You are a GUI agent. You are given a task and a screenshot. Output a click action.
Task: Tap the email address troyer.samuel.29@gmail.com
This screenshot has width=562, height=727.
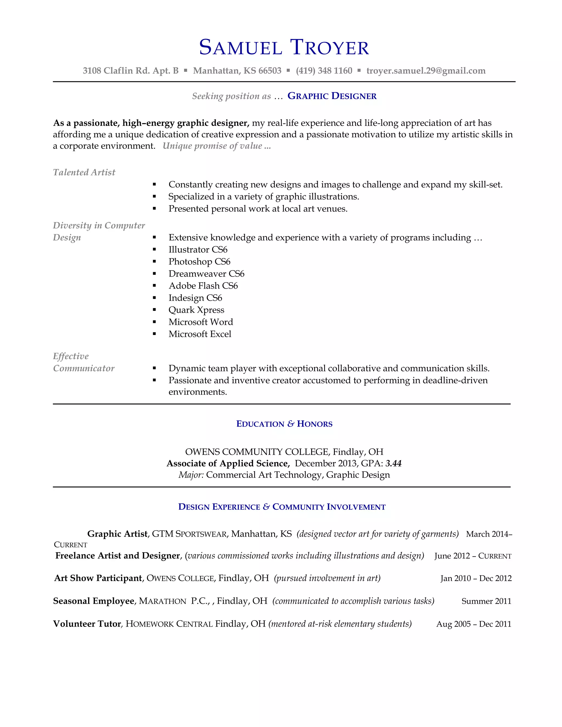click(426, 71)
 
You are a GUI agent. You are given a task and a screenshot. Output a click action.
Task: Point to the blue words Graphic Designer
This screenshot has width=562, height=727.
click(332, 96)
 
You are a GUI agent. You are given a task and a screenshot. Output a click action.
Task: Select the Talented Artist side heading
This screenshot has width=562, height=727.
click(84, 172)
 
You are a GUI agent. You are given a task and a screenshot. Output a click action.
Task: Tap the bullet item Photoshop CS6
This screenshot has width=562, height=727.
click(199, 262)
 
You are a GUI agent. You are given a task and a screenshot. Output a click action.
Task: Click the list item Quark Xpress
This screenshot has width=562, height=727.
click(196, 310)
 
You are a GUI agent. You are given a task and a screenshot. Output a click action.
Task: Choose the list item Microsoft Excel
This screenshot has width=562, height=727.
click(200, 334)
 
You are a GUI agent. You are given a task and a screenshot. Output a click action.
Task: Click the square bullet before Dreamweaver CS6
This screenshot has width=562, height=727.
click(154, 274)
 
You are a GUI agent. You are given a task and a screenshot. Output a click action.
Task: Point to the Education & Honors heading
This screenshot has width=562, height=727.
click(284, 424)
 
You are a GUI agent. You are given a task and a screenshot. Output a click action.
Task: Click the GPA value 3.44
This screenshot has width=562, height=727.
click(393, 463)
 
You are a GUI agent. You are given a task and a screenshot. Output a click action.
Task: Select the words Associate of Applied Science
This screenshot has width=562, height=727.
click(228, 463)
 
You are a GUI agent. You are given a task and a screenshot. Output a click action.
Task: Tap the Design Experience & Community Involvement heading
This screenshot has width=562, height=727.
click(282, 507)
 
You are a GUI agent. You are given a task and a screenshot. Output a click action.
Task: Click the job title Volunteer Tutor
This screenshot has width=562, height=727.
click(87, 624)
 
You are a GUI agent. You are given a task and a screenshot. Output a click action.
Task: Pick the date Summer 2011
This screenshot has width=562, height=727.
click(486, 601)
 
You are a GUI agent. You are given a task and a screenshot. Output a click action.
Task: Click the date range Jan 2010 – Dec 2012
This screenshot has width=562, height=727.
click(476, 578)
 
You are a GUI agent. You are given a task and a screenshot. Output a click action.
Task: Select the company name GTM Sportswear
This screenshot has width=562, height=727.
click(189, 534)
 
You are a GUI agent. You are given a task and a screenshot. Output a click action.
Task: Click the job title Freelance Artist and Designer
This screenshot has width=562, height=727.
click(117, 556)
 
